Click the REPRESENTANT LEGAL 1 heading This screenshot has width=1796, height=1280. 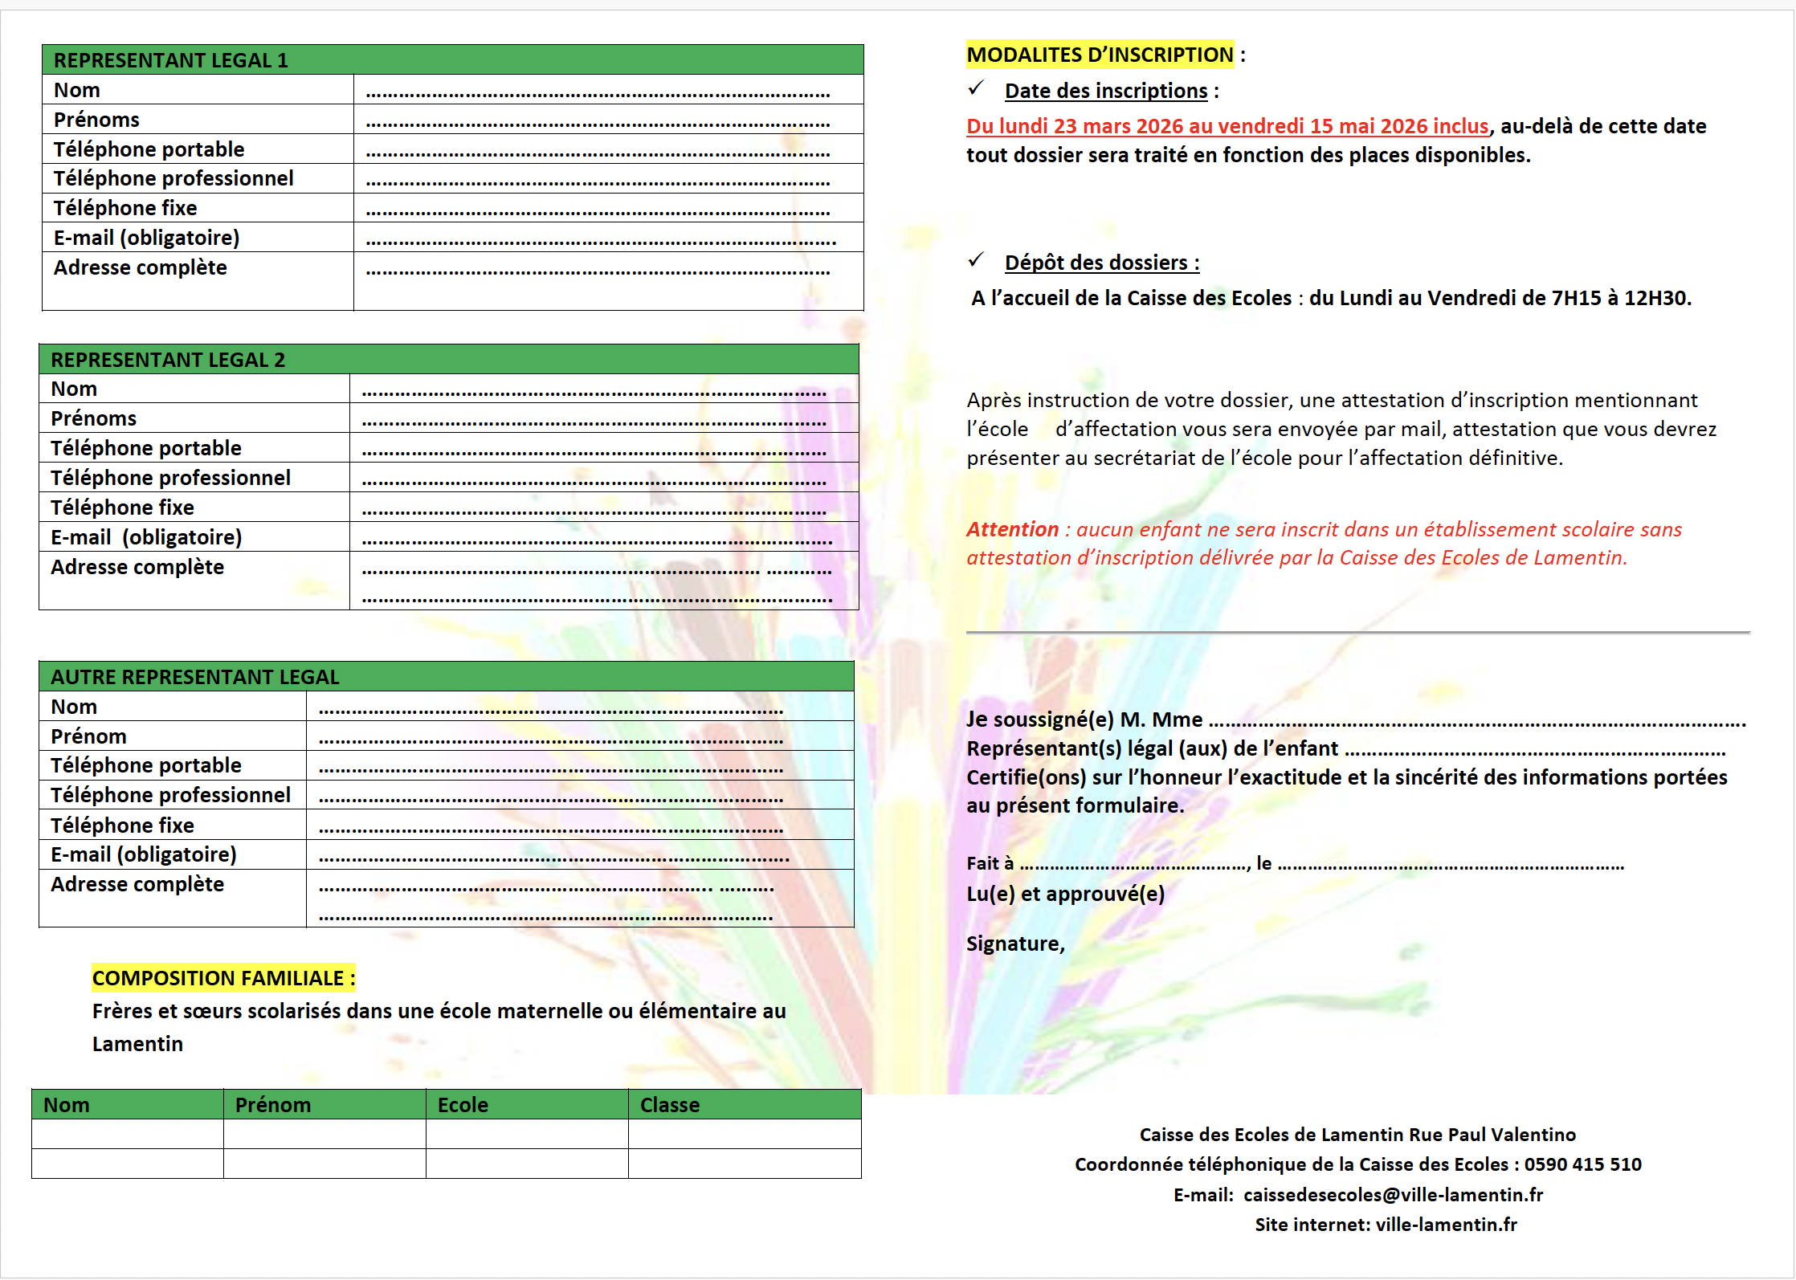click(170, 60)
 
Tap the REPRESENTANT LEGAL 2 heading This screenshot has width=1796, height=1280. click(168, 360)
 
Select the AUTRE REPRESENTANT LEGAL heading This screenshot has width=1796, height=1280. click(195, 677)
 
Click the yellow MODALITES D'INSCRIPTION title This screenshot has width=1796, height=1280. click(1100, 55)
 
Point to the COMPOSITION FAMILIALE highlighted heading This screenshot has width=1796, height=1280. click(222, 978)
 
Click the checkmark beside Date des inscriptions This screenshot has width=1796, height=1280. click(976, 88)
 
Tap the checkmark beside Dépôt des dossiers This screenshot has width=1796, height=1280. click(976, 260)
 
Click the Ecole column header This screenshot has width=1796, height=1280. click(463, 1105)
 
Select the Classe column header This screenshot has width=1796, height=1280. click(669, 1105)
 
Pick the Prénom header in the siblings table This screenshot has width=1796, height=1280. click(272, 1105)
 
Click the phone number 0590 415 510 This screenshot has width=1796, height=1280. click(1582, 1164)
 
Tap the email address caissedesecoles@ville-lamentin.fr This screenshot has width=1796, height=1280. click(1393, 1195)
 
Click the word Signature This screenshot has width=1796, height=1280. click(1014, 944)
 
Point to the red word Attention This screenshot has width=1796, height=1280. click(1012, 529)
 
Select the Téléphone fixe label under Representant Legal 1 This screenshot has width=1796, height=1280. click(125, 208)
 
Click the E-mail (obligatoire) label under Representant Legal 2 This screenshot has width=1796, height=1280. click(146, 537)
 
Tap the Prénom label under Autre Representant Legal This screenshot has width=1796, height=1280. click(88, 736)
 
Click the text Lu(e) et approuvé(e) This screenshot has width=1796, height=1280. click(1065, 894)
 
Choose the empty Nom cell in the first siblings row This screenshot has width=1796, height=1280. click(127, 1134)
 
